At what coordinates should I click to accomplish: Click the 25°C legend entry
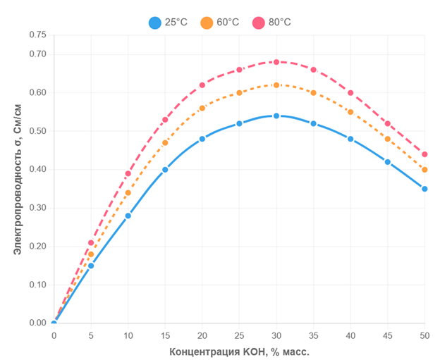point(168,23)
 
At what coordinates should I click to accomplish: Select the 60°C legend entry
point(219,23)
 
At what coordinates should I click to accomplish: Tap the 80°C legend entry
point(271,23)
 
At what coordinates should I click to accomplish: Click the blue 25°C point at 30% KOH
point(276,116)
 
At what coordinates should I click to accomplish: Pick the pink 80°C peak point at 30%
point(276,62)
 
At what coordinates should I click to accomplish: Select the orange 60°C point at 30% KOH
point(276,85)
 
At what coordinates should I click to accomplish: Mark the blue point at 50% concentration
point(424,189)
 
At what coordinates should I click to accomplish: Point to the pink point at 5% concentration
point(91,242)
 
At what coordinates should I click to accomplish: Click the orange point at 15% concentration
point(165,143)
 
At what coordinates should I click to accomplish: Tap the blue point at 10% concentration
point(128,216)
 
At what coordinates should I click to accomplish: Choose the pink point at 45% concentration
point(388,124)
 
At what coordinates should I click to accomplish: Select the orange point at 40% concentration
point(350,112)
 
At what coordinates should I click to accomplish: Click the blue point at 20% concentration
point(202,139)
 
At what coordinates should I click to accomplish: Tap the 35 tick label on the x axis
point(313,336)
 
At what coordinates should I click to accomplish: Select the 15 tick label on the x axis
point(165,336)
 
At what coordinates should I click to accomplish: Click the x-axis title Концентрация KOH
point(239,351)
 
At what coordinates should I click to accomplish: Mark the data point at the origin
point(54,323)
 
